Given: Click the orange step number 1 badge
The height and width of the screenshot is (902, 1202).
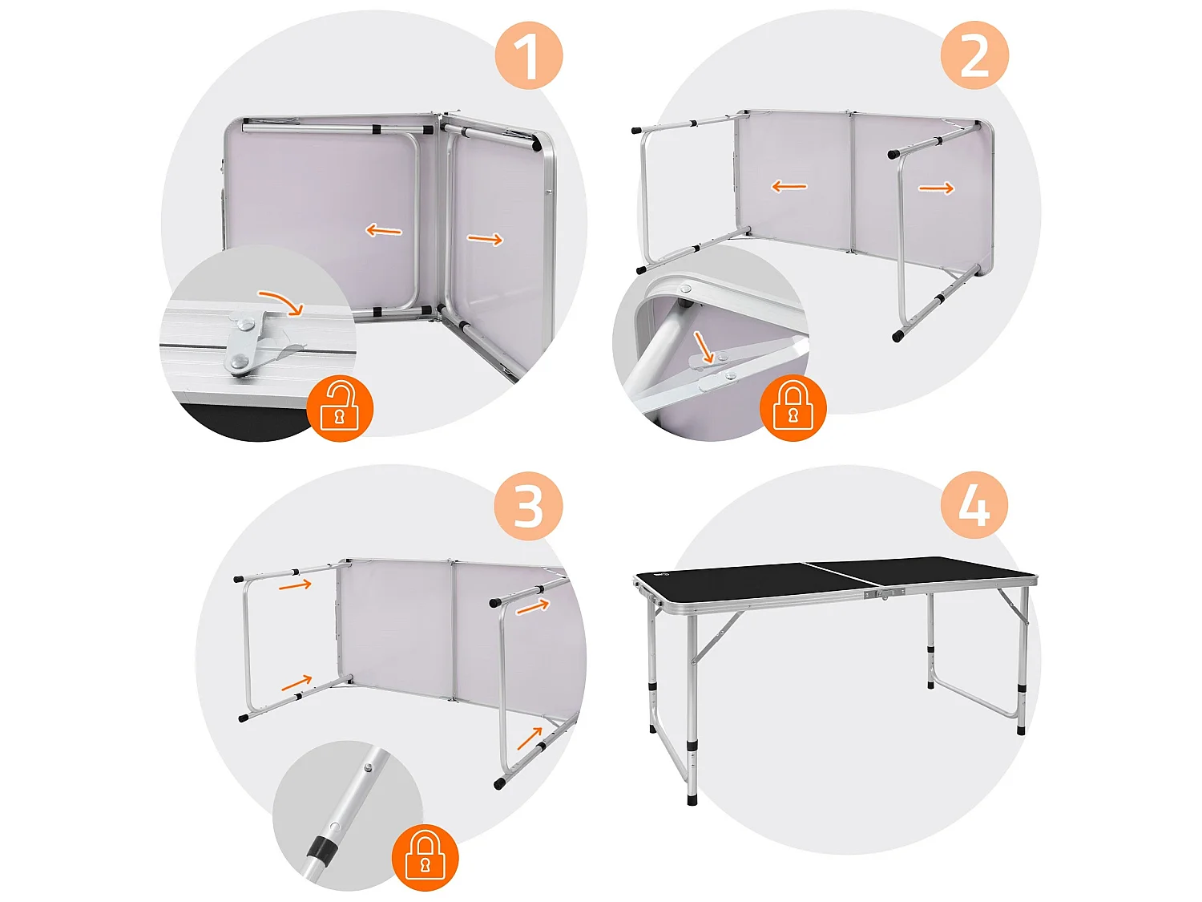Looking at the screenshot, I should tap(529, 55).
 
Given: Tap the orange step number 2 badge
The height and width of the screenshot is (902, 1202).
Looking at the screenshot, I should tap(974, 55).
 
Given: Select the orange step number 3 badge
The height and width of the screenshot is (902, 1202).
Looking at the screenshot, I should tap(529, 506).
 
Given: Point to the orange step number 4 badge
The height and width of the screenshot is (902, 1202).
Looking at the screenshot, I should tap(974, 506).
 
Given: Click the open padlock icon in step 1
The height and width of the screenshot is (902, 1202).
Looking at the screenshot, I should tap(340, 407).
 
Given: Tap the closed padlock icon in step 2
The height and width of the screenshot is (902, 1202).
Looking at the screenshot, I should tap(793, 407).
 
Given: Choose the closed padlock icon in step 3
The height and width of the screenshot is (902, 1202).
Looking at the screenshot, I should tap(425, 856).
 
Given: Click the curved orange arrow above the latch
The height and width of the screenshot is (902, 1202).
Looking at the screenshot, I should tap(281, 303).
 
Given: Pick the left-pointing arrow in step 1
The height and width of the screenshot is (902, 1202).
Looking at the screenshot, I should tap(384, 231).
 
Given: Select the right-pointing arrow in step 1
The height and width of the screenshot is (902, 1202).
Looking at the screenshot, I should tap(486, 239).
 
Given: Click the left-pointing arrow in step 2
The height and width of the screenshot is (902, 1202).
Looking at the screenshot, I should tap(789, 187).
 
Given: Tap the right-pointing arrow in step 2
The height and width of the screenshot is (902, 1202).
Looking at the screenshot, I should tap(936, 188).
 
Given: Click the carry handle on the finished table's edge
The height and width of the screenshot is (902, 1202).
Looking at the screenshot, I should tap(884, 593).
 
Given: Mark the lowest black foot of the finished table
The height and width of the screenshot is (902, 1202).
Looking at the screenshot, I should tap(692, 799).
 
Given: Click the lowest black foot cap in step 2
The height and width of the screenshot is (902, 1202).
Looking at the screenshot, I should tap(897, 337).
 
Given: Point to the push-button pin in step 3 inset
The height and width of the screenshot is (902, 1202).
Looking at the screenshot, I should tap(368, 767).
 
